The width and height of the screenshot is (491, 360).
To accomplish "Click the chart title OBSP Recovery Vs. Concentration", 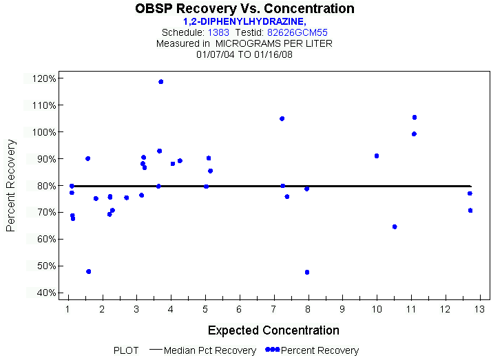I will pyautogui.click(x=245, y=9).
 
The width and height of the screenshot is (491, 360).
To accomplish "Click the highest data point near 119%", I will pyautogui.click(x=161, y=82).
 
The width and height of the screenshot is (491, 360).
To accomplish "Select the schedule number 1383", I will pyautogui.click(x=218, y=32).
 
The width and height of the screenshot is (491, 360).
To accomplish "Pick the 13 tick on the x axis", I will pyautogui.click(x=479, y=308).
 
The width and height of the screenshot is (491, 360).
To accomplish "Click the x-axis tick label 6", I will pyautogui.click(x=239, y=308).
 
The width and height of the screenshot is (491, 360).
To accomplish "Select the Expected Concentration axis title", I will pyautogui.click(x=273, y=330).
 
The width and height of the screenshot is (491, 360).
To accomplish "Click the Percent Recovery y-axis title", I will pyautogui.click(x=11, y=185).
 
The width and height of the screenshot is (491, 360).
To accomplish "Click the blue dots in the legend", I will pyautogui.click(x=273, y=350).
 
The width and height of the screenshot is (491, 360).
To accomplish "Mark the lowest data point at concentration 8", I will pyautogui.click(x=307, y=273).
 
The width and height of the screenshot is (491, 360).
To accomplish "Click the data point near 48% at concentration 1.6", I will pyautogui.click(x=89, y=272).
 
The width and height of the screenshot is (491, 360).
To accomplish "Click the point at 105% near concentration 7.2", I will pyautogui.click(x=282, y=119).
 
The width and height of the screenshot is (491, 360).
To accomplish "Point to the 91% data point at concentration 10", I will pyautogui.click(x=377, y=156).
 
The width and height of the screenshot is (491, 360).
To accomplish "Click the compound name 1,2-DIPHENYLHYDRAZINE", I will pyautogui.click(x=244, y=22).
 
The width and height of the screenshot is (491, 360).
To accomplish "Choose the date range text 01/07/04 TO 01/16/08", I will pyautogui.click(x=244, y=53).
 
